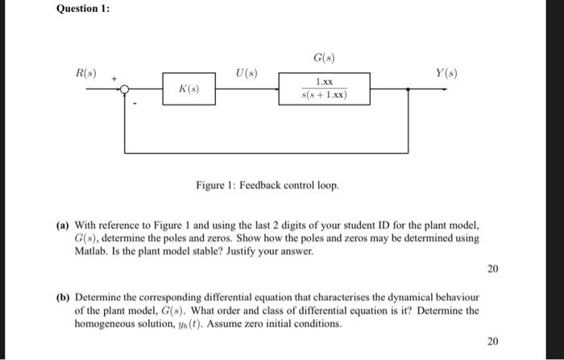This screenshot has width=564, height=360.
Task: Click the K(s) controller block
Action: point(189,89)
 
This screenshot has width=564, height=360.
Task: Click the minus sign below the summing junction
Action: point(135,101)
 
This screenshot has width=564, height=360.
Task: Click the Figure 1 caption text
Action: point(267,185)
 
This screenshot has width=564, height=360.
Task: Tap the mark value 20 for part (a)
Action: point(492,268)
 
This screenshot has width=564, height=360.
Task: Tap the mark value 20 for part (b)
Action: point(492,341)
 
